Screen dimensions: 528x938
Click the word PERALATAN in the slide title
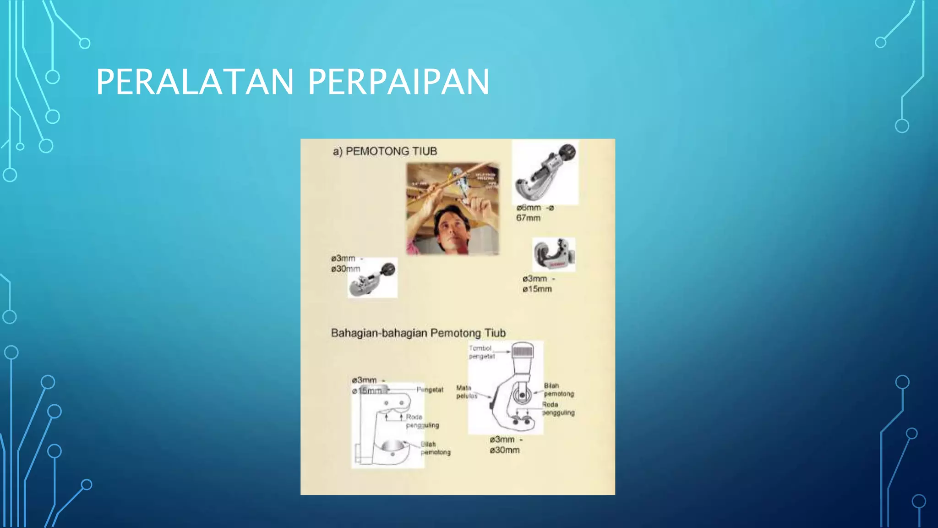(x=195, y=82)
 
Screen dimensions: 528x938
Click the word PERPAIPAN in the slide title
(x=398, y=82)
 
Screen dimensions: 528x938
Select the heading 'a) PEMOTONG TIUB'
(x=385, y=151)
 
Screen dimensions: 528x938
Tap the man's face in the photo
(x=451, y=231)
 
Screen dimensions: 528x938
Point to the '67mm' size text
(x=528, y=218)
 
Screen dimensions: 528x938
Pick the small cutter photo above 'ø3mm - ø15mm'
(x=554, y=254)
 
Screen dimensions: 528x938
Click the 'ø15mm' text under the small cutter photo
(x=537, y=289)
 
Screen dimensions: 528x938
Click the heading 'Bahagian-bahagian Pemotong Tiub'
(x=418, y=333)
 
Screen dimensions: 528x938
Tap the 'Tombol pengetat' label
(x=481, y=352)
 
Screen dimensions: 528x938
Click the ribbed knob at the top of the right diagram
(x=523, y=352)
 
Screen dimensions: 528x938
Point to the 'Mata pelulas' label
(x=466, y=392)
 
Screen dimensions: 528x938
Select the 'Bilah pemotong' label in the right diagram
(x=558, y=390)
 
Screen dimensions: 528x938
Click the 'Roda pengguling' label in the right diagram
(x=558, y=408)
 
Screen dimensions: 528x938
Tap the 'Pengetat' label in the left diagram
(x=430, y=390)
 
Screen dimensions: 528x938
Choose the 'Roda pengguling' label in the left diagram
(x=421, y=421)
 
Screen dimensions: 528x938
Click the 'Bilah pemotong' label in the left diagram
(x=435, y=448)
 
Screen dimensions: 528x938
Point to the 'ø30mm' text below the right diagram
(x=504, y=450)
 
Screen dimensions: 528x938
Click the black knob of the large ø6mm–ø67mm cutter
(x=567, y=151)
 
